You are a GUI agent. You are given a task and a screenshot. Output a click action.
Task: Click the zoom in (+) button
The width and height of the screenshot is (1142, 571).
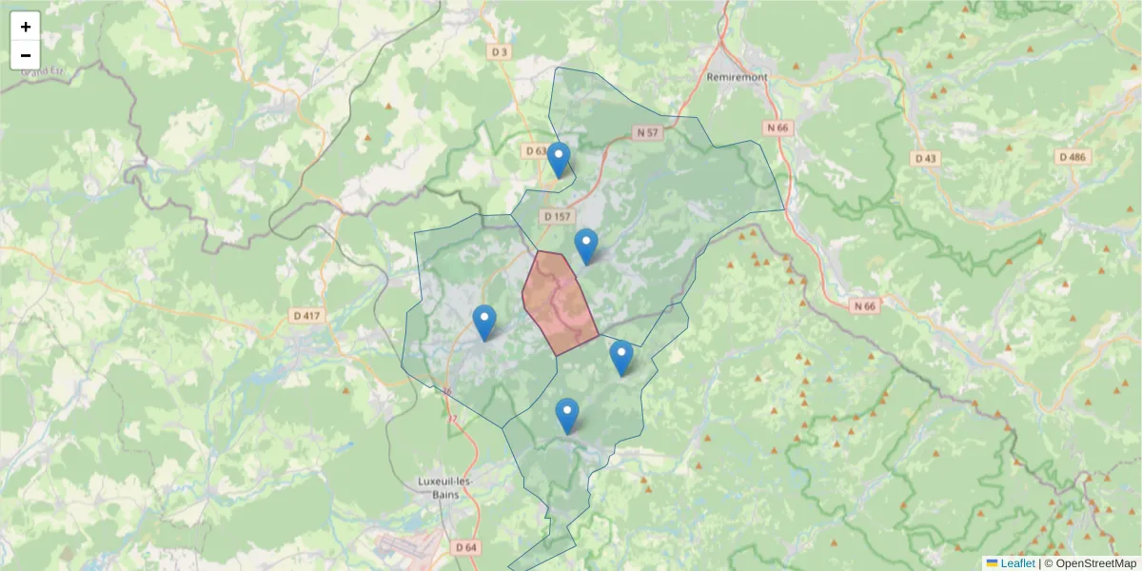(26, 27)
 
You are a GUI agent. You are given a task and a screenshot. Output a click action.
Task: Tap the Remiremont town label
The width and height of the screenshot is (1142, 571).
(738, 76)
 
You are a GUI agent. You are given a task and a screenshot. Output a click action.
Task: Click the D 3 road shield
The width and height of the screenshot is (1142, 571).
(498, 51)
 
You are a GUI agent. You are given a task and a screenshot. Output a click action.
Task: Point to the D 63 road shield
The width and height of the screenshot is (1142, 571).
(535, 151)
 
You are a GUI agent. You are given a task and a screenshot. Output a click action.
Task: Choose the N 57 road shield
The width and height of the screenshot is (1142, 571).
(646, 133)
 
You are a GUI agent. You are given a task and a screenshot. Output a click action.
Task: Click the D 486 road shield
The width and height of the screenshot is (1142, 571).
(1072, 157)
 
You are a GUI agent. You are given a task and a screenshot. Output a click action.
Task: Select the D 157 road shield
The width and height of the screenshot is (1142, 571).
(558, 217)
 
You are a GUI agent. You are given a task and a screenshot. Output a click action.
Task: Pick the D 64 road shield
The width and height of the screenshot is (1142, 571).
(465, 547)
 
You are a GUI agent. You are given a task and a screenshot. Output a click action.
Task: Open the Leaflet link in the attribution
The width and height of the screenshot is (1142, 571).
(1017, 563)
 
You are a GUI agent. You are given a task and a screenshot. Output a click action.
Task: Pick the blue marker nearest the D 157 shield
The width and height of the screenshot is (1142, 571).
(586, 247)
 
